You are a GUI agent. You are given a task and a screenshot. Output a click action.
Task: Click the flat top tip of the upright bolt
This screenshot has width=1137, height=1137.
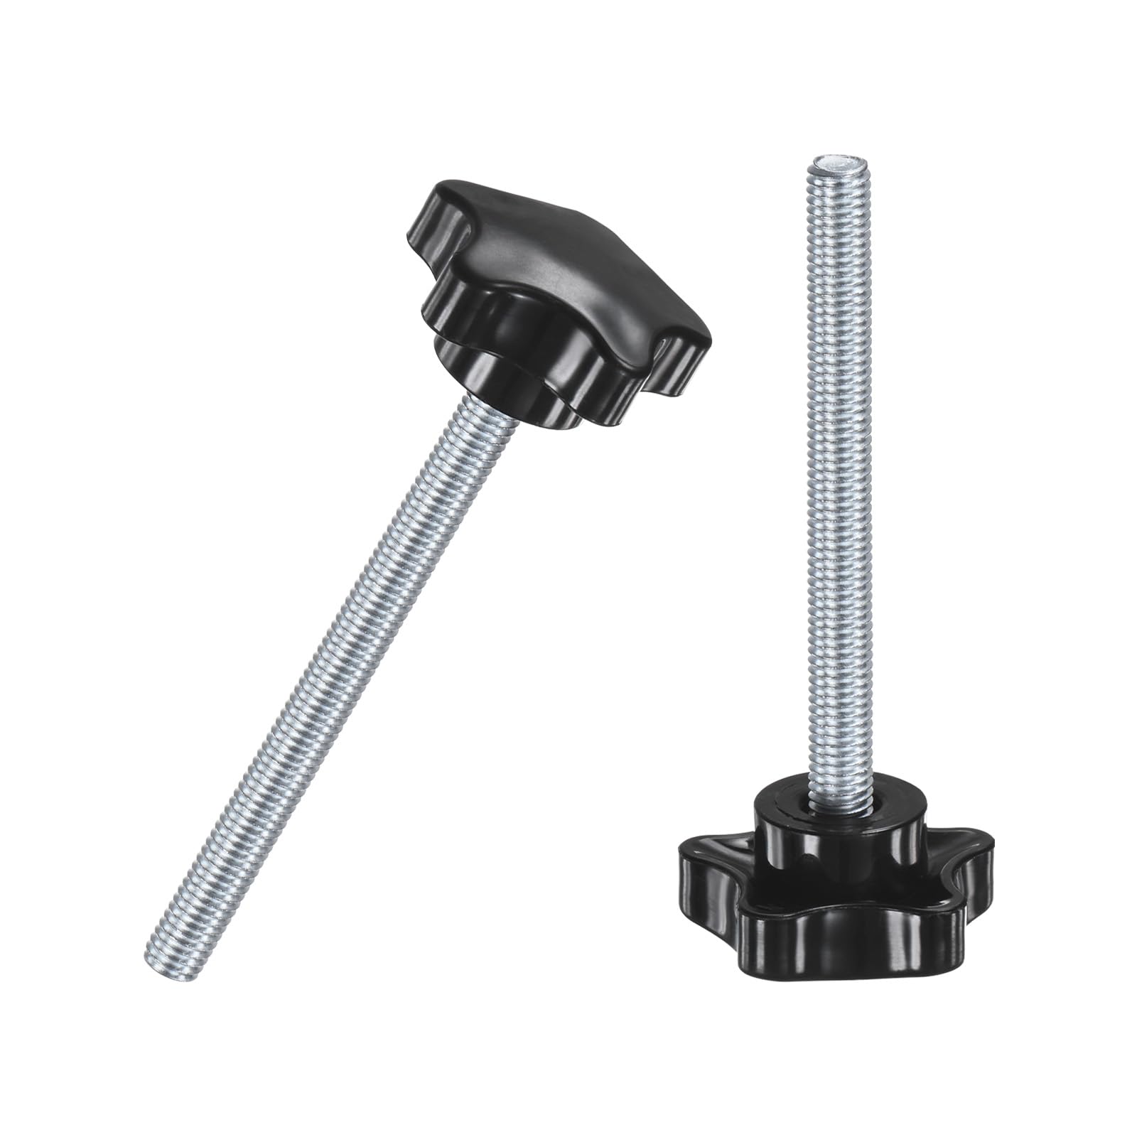tap(832, 166)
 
